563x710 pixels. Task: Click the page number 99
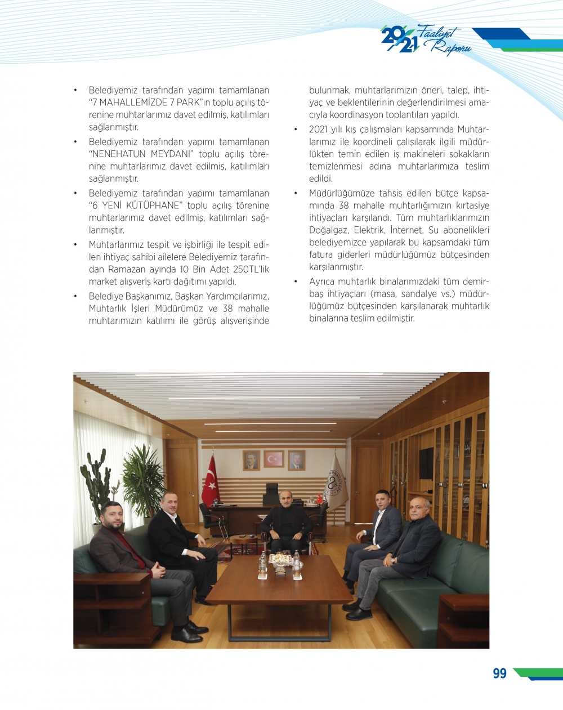pyautogui.click(x=499, y=673)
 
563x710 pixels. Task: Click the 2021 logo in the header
pyautogui.click(x=399, y=39)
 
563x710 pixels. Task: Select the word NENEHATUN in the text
pyautogui.click(x=121, y=154)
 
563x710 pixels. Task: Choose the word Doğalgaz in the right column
pyautogui.click(x=329, y=230)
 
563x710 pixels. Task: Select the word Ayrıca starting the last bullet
pyautogui.click(x=324, y=282)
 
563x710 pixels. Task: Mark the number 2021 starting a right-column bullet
pyautogui.click(x=319, y=130)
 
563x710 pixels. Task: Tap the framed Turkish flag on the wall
pyautogui.click(x=274, y=459)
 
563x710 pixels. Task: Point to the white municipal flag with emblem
pyautogui.click(x=337, y=483)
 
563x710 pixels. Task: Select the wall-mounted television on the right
pyautogui.click(x=426, y=463)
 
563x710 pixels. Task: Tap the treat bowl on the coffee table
pyautogui.click(x=278, y=559)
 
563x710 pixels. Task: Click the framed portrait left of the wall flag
pyautogui.click(x=251, y=460)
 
